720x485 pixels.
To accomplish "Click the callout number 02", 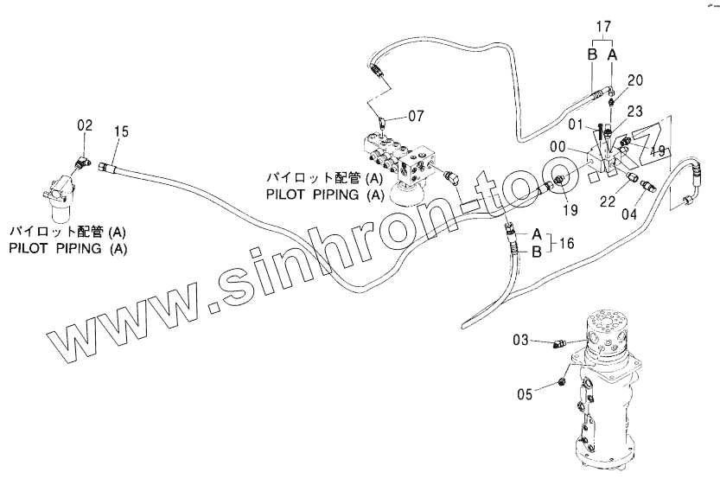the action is (x=85, y=126).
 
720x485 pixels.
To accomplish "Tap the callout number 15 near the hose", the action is (x=121, y=131).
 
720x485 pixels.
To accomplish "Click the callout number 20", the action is (x=635, y=81).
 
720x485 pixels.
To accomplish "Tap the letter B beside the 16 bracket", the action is (x=536, y=252).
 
